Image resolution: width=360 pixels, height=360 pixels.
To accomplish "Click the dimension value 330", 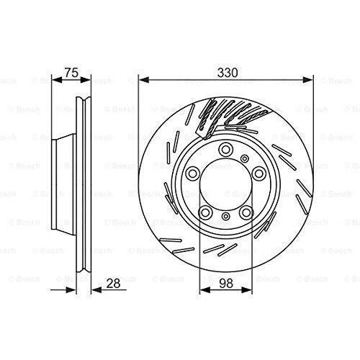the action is tap(228, 73).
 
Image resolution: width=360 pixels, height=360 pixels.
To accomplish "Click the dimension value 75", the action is tap(71, 73).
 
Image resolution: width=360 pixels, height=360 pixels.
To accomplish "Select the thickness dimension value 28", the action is tap(113, 284).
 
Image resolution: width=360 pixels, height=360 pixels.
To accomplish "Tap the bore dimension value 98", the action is tap(226, 284).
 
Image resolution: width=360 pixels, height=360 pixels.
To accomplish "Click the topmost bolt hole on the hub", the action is tap(225, 150).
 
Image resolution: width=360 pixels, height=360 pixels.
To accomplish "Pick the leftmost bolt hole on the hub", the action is tap(193, 174).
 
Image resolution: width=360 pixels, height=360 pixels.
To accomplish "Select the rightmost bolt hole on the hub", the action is tap(259, 174).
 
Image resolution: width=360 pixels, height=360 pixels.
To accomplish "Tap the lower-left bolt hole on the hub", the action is tap(205, 212).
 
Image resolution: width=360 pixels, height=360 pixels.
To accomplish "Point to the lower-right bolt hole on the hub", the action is tap(246, 212).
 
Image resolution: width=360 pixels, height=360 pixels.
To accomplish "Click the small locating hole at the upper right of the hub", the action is tap(245, 158).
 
